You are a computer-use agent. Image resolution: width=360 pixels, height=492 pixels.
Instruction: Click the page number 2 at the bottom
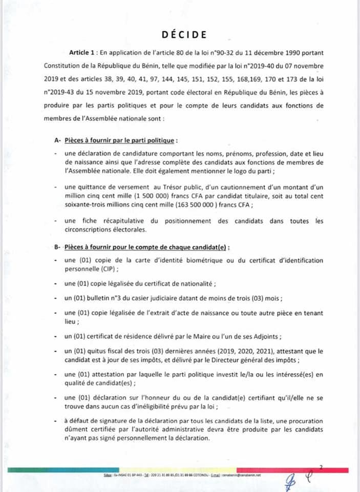[x=321, y=466]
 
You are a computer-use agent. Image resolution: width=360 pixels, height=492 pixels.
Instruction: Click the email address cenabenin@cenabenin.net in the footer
[x=241, y=476]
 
